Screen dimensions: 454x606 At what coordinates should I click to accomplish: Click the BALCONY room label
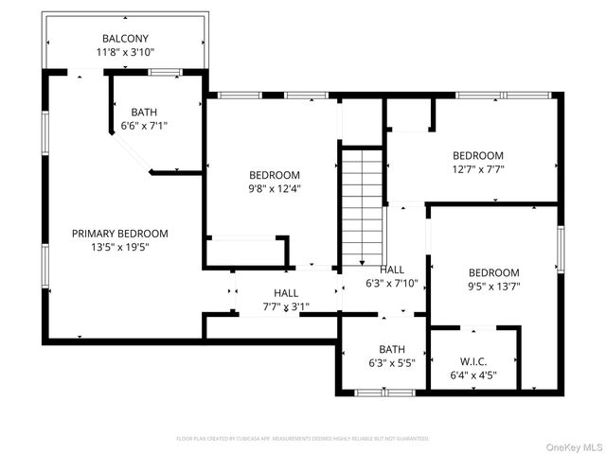125,39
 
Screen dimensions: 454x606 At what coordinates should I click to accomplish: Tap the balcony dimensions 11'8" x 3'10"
125,53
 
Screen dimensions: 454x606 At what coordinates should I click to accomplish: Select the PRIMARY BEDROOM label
120,234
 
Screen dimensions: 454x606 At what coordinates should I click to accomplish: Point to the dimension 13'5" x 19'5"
120,248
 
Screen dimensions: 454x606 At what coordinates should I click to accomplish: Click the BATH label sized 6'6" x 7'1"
144,111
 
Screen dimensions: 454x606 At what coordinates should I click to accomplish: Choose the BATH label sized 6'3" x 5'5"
392,349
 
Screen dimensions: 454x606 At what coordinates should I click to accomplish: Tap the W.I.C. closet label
473,361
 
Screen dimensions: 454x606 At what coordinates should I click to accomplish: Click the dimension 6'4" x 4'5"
473,375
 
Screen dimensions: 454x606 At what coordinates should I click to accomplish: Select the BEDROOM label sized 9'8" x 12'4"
275,175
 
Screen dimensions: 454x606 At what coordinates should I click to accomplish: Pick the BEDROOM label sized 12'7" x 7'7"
477,156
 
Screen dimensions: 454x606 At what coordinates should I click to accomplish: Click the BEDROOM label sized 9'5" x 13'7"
493,272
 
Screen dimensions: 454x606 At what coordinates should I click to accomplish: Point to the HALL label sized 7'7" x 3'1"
286,293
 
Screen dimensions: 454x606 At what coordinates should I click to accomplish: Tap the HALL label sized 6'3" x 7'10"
391,270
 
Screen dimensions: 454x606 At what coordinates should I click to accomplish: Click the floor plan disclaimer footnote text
303,439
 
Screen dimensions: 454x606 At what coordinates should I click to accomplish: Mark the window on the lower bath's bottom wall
383,392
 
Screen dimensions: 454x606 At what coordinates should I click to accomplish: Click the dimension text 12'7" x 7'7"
477,170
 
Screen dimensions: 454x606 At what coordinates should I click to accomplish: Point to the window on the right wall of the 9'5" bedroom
560,247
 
